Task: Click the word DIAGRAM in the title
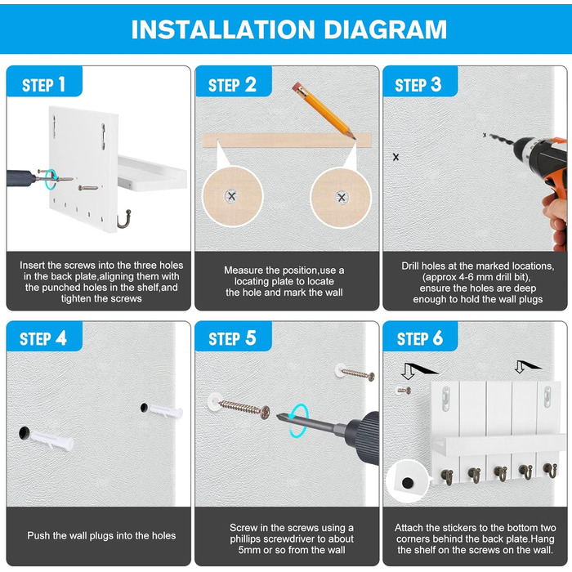point(385,29)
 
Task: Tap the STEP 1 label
point(44,85)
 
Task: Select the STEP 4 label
point(43,338)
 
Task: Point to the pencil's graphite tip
point(354,138)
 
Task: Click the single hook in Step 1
point(124,220)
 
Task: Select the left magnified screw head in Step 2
point(231,196)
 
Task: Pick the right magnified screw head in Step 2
point(342,198)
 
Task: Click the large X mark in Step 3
point(395,157)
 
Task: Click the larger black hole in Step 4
point(24,433)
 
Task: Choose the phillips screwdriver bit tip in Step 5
point(278,416)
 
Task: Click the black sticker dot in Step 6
point(407,484)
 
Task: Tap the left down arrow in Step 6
point(409,372)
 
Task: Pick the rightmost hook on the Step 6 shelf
point(551,470)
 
